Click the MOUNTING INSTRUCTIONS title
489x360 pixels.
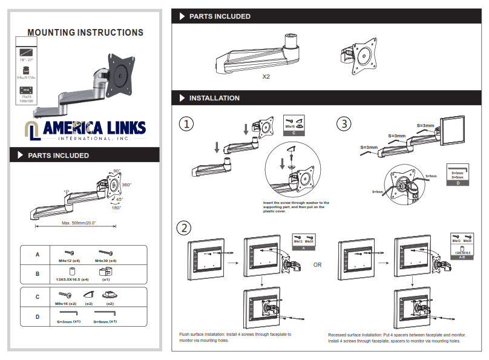click(85, 33)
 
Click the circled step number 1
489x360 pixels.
click(186, 124)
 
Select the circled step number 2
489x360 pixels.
click(184, 228)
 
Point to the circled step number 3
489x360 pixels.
click(343, 124)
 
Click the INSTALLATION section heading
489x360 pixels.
click(214, 98)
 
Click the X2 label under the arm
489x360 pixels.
click(266, 77)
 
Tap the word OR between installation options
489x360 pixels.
click(318, 264)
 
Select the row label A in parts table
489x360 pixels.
click(37, 255)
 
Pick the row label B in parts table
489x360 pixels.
click(37, 274)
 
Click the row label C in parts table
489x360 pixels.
click(37, 296)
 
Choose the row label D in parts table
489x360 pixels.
click(37, 316)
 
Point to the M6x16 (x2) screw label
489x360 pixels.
click(66, 303)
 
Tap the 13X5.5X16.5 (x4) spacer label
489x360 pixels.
click(73, 280)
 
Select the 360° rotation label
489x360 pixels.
click(126, 185)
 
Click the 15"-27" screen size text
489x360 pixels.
click(26, 61)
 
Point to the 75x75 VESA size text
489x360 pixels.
click(26, 97)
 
